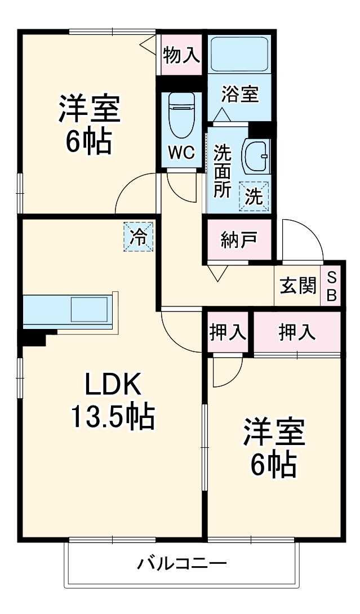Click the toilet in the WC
[x=181, y=115]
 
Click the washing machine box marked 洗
[x=254, y=196]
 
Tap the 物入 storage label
[x=181, y=55]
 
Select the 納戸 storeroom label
[x=239, y=240]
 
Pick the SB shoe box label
[x=331, y=287]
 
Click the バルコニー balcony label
[x=182, y=563]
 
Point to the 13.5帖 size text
[x=112, y=417]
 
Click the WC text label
[x=181, y=152]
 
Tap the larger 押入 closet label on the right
[x=296, y=332]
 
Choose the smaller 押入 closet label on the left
[x=228, y=332]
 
